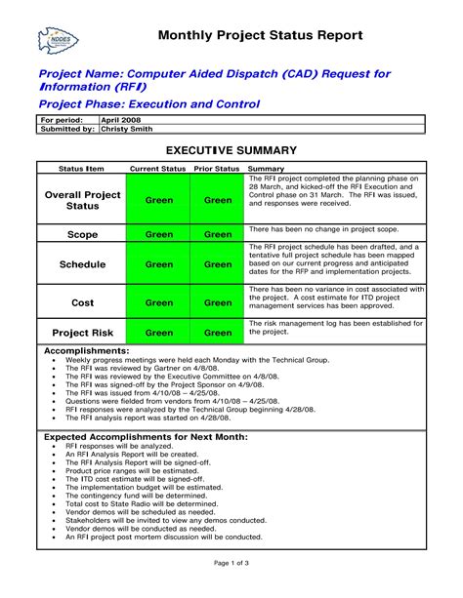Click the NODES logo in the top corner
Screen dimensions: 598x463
pos(58,40)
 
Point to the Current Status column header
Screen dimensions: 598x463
pos(158,169)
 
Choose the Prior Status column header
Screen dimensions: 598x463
pos(217,169)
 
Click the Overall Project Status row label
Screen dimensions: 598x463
pos(83,200)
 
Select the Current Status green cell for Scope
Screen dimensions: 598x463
pos(158,234)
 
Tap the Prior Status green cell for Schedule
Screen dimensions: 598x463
pos(218,264)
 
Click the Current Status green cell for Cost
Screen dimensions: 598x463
pos(158,302)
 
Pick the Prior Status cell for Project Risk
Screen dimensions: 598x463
pos(218,333)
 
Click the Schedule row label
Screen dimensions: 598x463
pos(83,264)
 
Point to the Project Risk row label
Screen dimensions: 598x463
pos(83,333)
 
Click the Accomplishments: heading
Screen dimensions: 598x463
pos(87,349)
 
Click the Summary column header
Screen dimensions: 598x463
pos(266,169)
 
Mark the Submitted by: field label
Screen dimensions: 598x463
pos(66,128)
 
